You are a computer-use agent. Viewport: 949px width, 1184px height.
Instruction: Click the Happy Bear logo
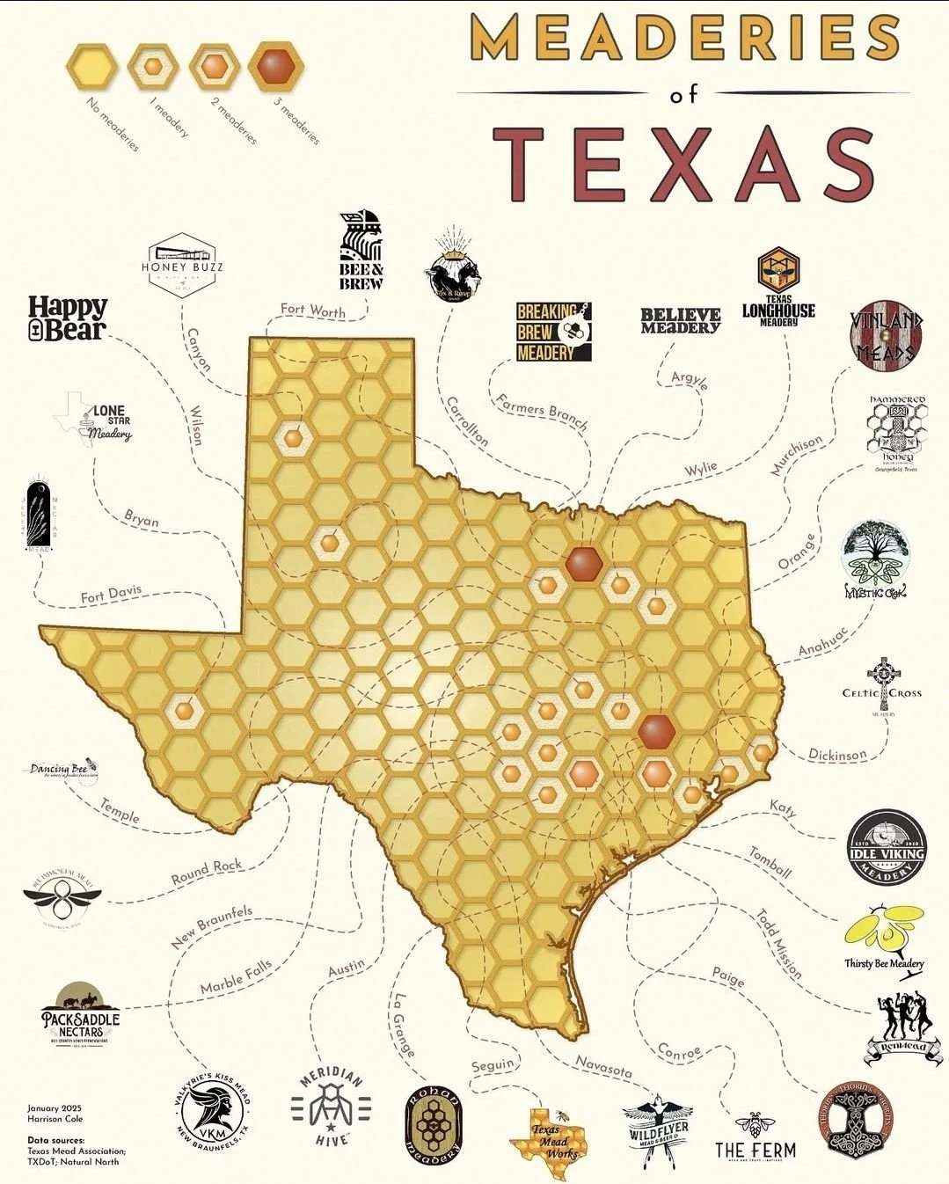pyautogui.click(x=68, y=318)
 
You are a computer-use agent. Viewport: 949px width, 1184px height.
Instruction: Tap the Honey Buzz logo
pyautogui.click(x=182, y=261)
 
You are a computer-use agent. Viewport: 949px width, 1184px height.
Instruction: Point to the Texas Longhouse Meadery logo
pyautogui.click(x=778, y=289)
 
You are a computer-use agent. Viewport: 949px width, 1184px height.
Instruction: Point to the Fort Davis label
pyautogui.click(x=111, y=596)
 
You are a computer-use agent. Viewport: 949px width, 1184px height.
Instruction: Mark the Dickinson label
pyautogui.click(x=837, y=754)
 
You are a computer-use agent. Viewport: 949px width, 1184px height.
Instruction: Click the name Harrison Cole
pyautogui.click(x=55, y=1120)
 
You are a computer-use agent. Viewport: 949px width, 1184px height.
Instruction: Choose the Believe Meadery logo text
pyautogui.click(x=681, y=320)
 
